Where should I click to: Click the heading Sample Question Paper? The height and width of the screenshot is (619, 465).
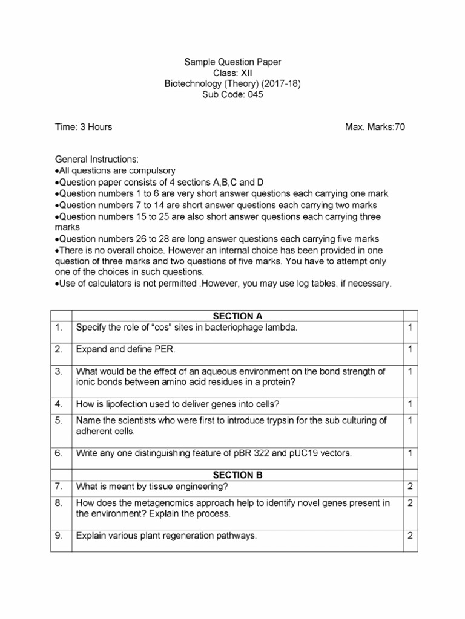[x=232, y=62]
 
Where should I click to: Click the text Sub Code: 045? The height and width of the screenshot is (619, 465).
[x=232, y=95]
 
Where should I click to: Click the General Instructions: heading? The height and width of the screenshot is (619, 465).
[x=97, y=160]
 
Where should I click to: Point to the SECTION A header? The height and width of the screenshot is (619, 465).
[x=237, y=316]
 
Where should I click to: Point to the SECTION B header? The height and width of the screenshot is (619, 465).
[x=237, y=475]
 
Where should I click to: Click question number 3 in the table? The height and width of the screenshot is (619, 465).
[x=58, y=371]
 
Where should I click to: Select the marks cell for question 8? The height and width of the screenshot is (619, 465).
[x=410, y=503]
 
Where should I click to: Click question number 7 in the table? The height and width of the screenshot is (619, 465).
[x=58, y=487]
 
